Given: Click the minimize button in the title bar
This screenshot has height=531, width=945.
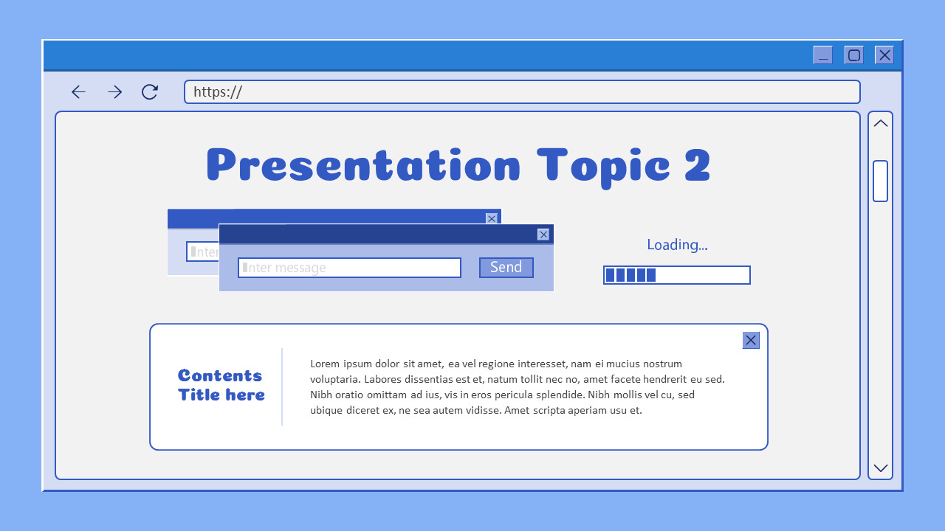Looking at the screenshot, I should pyautogui.click(x=822, y=55).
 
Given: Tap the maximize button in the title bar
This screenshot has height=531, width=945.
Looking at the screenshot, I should pyautogui.click(x=854, y=55).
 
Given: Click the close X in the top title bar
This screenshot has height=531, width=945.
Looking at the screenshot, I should pyautogui.click(x=884, y=55).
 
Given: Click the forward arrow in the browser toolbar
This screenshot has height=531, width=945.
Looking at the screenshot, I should pyautogui.click(x=114, y=92).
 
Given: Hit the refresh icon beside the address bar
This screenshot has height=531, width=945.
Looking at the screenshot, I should pyautogui.click(x=150, y=92).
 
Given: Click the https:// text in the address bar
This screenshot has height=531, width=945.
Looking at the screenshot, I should pyautogui.click(x=218, y=92).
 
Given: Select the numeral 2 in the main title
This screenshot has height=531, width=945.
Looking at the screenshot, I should pyautogui.click(x=697, y=165).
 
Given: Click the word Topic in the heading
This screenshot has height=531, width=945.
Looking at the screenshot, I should pyautogui.click(x=603, y=165).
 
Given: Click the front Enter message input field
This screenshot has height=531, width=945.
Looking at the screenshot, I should pyautogui.click(x=349, y=268).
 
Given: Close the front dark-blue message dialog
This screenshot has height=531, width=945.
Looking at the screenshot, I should pyautogui.click(x=543, y=235).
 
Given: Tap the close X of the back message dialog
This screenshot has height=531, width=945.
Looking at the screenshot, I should pyautogui.click(x=492, y=218).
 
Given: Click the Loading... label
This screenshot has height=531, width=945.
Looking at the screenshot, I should pyautogui.click(x=677, y=245).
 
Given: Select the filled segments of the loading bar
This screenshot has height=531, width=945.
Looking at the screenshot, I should pyautogui.click(x=630, y=275).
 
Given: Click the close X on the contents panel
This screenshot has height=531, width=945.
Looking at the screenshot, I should pyautogui.click(x=751, y=340).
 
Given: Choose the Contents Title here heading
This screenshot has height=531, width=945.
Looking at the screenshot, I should pyautogui.click(x=221, y=385).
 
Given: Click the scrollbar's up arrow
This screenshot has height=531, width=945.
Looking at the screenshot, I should pyautogui.click(x=880, y=124).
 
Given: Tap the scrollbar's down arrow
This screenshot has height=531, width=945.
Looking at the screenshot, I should pyautogui.click(x=880, y=468).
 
